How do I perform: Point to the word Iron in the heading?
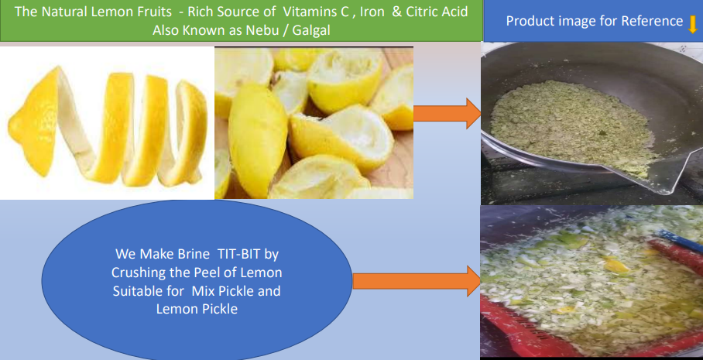pyautogui.click(x=372, y=11)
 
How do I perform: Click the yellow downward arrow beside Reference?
pyautogui.click(x=693, y=23)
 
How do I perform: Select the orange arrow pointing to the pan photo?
pyautogui.click(x=447, y=114)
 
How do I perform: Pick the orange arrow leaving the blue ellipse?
pyautogui.click(x=417, y=281)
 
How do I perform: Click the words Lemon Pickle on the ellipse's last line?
pyautogui.click(x=197, y=309)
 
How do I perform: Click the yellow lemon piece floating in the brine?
pyautogui.click(x=616, y=266)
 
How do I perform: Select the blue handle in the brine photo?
pyautogui.click(x=680, y=242)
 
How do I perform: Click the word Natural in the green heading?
pyautogui.click(x=66, y=11)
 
